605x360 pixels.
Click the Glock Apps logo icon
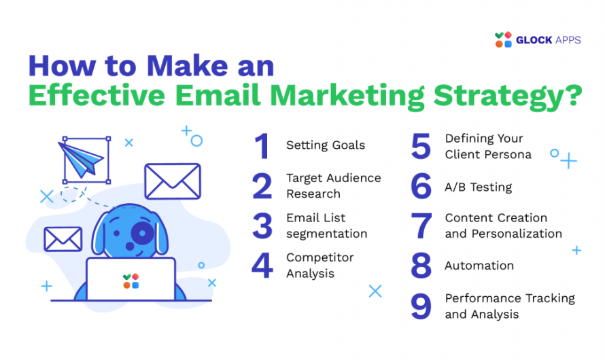[x=504, y=39]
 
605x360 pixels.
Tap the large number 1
[x=262, y=145]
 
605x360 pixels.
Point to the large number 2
[x=262, y=185]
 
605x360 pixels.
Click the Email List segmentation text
[x=326, y=226]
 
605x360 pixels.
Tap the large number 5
[x=421, y=146]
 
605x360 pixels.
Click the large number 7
[x=421, y=226]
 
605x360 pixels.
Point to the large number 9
[x=421, y=306]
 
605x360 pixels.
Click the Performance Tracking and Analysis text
[x=509, y=306]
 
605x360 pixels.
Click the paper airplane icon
[x=85, y=160]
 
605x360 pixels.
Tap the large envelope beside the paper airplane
[x=172, y=181]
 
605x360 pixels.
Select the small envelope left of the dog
[x=63, y=238]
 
